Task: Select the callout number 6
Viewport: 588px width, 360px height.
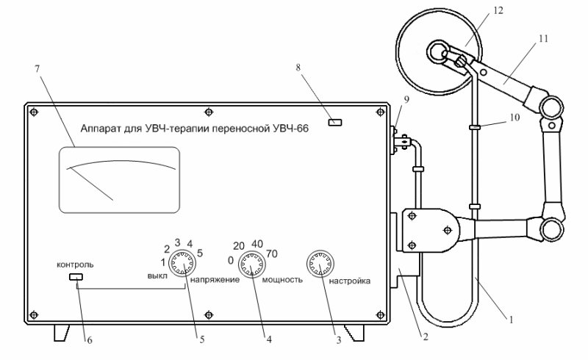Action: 90,339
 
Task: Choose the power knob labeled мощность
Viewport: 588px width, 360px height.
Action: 251,264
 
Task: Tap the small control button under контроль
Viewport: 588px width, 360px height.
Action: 75,277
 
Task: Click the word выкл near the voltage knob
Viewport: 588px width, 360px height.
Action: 158,276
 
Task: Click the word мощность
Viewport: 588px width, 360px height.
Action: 282,280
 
